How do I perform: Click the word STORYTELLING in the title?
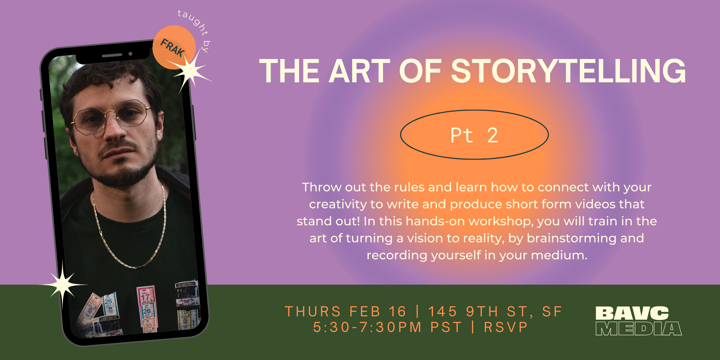tap(568, 71)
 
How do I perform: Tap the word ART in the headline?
tap(359, 71)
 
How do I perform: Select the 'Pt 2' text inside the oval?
tap(474, 135)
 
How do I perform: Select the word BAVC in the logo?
tap(632, 313)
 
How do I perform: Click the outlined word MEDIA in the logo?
tap(639, 329)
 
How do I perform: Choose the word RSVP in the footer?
tap(506, 327)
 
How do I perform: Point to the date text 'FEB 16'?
tap(378, 312)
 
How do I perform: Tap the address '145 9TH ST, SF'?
tap(495, 312)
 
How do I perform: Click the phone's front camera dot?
tap(130, 54)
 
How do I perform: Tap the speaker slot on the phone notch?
tap(112, 55)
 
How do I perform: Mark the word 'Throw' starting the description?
tap(322, 187)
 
